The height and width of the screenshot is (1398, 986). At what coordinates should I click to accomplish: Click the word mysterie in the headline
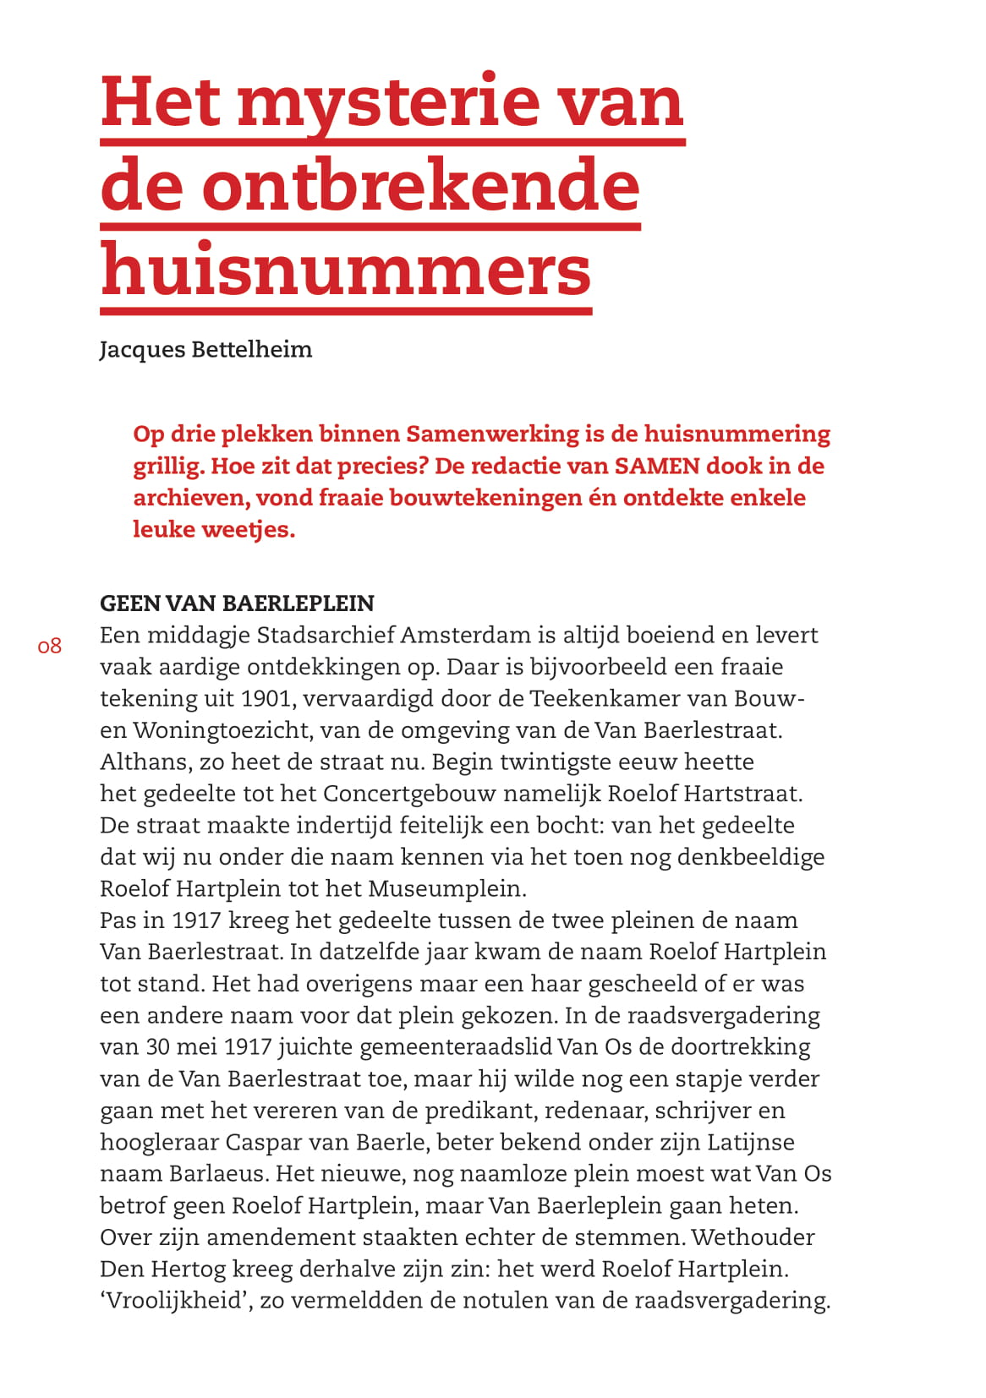pyautogui.click(x=389, y=103)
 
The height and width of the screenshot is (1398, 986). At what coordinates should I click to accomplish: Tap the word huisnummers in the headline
pyautogui.click(x=346, y=270)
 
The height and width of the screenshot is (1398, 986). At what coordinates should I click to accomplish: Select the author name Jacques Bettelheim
pyautogui.click(x=205, y=349)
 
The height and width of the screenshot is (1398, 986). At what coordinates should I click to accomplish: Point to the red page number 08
pyautogui.click(x=50, y=647)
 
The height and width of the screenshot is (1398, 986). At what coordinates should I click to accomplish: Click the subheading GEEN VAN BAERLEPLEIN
pyautogui.click(x=237, y=603)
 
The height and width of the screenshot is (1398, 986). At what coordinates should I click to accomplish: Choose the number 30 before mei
pyautogui.click(x=158, y=1047)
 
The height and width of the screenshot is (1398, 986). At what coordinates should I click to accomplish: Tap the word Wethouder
pyautogui.click(x=753, y=1237)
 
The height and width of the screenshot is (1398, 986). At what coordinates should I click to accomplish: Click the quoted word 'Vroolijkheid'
pyautogui.click(x=172, y=1301)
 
